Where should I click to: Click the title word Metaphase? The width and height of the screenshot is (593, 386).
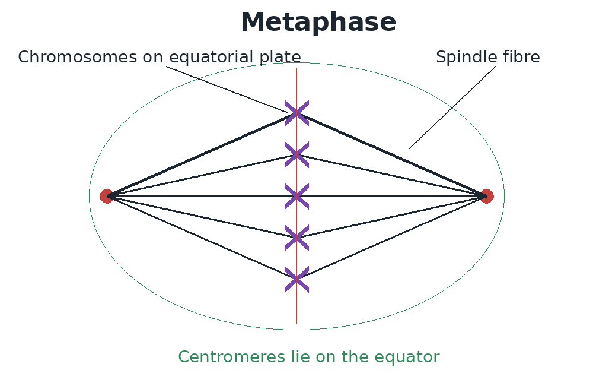(318, 23)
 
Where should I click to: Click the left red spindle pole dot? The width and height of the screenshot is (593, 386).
(107, 196)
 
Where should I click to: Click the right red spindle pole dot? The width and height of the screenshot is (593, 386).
(487, 196)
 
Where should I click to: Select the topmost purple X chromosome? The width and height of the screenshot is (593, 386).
(297, 113)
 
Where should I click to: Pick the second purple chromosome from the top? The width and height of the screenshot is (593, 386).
(297, 154)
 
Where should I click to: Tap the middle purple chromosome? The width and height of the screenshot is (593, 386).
(297, 196)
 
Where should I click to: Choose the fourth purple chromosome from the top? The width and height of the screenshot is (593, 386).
(297, 238)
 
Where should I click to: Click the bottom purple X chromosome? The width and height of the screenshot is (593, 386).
(297, 280)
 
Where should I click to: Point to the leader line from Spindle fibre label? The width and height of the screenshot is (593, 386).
(452, 107)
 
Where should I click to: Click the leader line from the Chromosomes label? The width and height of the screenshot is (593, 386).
(227, 90)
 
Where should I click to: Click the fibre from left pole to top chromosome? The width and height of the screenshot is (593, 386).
(202, 154)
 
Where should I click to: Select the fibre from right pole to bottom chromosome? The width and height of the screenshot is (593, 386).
(392, 238)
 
